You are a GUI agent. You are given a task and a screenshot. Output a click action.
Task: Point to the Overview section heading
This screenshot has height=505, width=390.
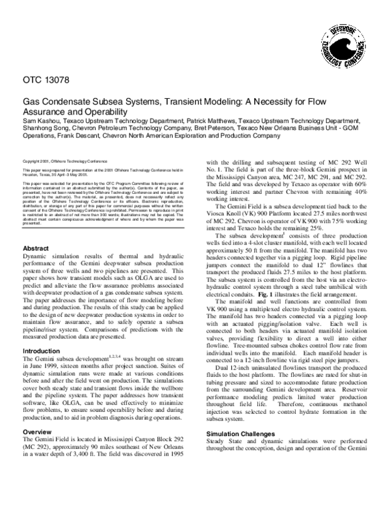[x=40, y=431]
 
